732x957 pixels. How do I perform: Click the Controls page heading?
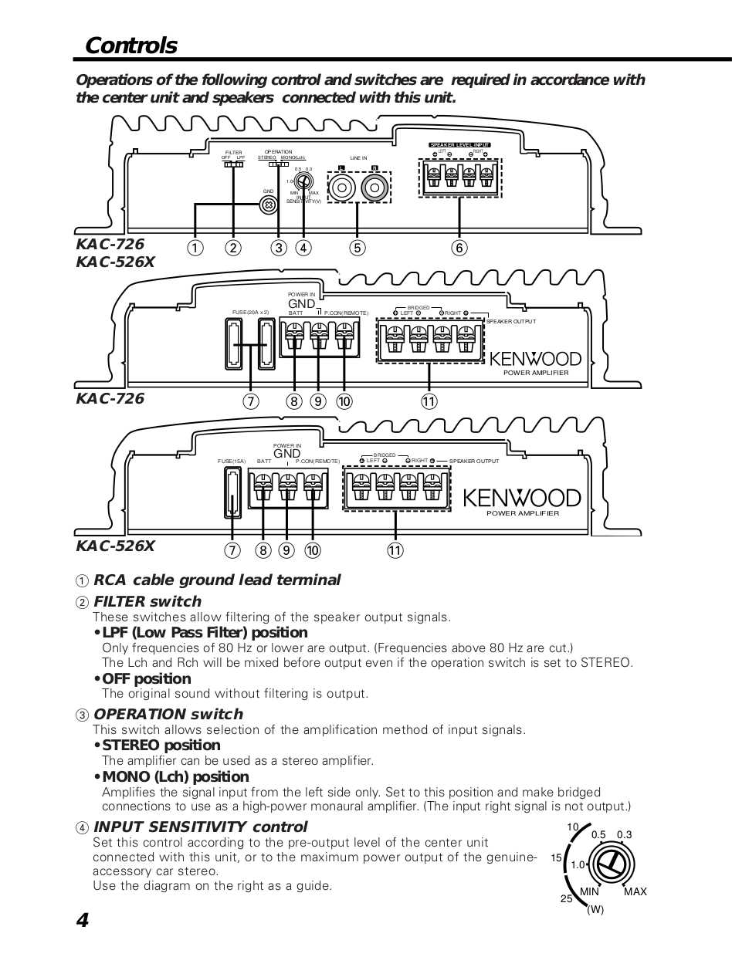(130, 46)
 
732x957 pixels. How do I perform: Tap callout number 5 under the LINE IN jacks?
(357, 248)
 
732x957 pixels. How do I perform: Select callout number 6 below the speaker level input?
(460, 248)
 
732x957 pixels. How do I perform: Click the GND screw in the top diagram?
(269, 205)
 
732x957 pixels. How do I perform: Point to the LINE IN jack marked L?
(341, 188)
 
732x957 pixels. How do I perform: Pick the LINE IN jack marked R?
(374, 188)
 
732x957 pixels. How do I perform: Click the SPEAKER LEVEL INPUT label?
(460, 145)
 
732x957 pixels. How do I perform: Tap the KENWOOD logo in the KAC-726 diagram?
(535, 359)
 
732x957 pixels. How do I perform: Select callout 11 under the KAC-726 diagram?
(429, 401)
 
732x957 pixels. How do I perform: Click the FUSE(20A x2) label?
(250, 313)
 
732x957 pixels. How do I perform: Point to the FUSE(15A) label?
(232, 461)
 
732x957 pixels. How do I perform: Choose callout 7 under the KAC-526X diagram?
(232, 550)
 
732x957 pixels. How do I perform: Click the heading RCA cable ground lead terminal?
(216, 580)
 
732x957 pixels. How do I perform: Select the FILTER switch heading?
(147, 601)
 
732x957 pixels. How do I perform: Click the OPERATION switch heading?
(168, 714)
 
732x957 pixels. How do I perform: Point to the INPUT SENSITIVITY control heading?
(200, 827)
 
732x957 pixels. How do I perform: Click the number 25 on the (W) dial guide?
(567, 899)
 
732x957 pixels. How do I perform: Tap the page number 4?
(83, 921)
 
